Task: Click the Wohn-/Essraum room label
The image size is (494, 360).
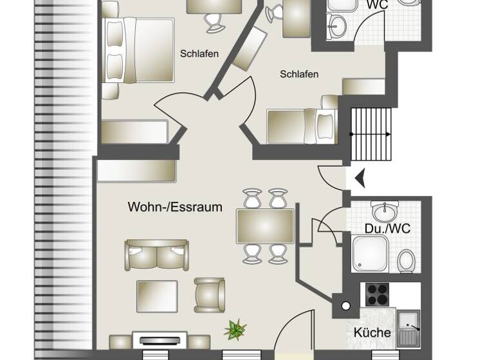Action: [x=175, y=207]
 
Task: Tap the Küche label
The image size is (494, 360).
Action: [x=372, y=332]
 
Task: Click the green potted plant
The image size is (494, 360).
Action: [x=235, y=330]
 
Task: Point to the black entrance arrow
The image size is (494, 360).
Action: [x=360, y=177]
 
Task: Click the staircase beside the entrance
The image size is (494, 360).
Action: [x=371, y=135]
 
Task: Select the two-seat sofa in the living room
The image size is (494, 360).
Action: [x=157, y=255]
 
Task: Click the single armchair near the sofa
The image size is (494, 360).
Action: [x=210, y=294]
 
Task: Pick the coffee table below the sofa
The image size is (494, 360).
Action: [x=157, y=296]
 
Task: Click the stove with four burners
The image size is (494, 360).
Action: [x=378, y=294]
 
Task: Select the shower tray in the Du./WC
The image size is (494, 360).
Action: [x=370, y=253]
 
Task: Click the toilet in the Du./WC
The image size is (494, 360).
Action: [x=406, y=260]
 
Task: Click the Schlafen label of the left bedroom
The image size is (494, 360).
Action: [x=199, y=54]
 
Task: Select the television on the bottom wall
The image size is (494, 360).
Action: [x=160, y=340]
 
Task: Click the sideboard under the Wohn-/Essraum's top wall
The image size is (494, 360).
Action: [x=136, y=171]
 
